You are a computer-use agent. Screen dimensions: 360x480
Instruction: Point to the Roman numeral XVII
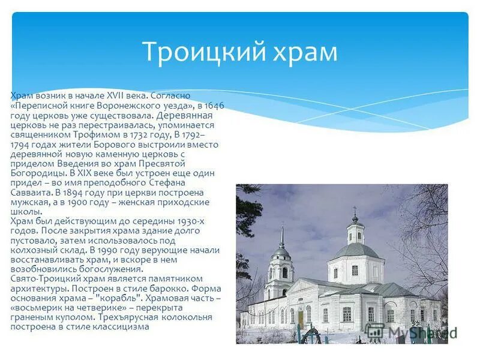pos(116,96)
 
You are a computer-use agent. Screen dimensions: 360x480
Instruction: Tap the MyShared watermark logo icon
pos(375,332)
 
